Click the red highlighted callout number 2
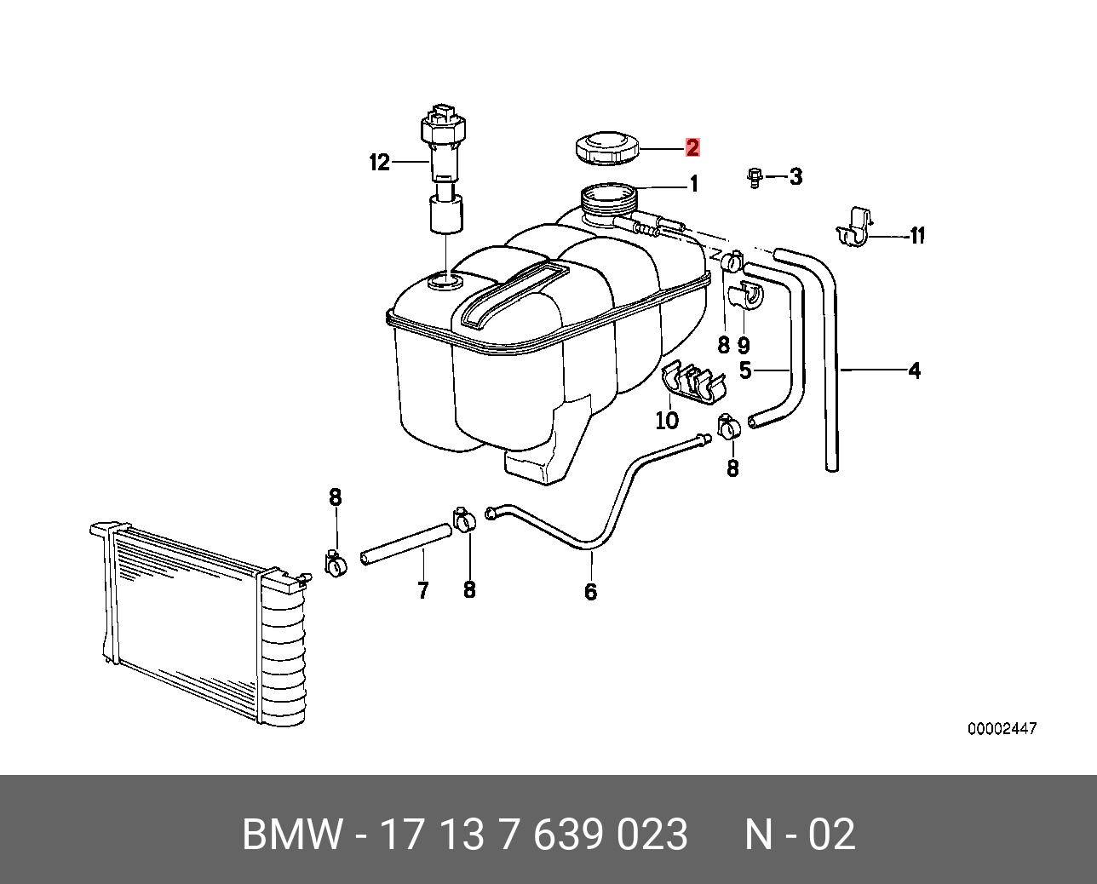(x=692, y=147)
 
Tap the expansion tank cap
(x=606, y=149)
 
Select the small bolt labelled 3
(x=754, y=177)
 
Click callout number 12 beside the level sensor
(x=379, y=162)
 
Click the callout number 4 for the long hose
(x=914, y=370)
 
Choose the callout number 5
(x=745, y=370)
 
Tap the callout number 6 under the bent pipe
(x=591, y=591)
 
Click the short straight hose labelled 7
(x=405, y=544)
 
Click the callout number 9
(x=744, y=345)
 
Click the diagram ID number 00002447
(x=1002, y=729)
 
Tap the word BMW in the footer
(x=292, y=835)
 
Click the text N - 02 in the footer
(x=799, y=835)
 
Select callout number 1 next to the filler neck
(x=693, y=184)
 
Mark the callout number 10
(x=667, y=420)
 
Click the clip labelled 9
(x=747, y=298)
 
